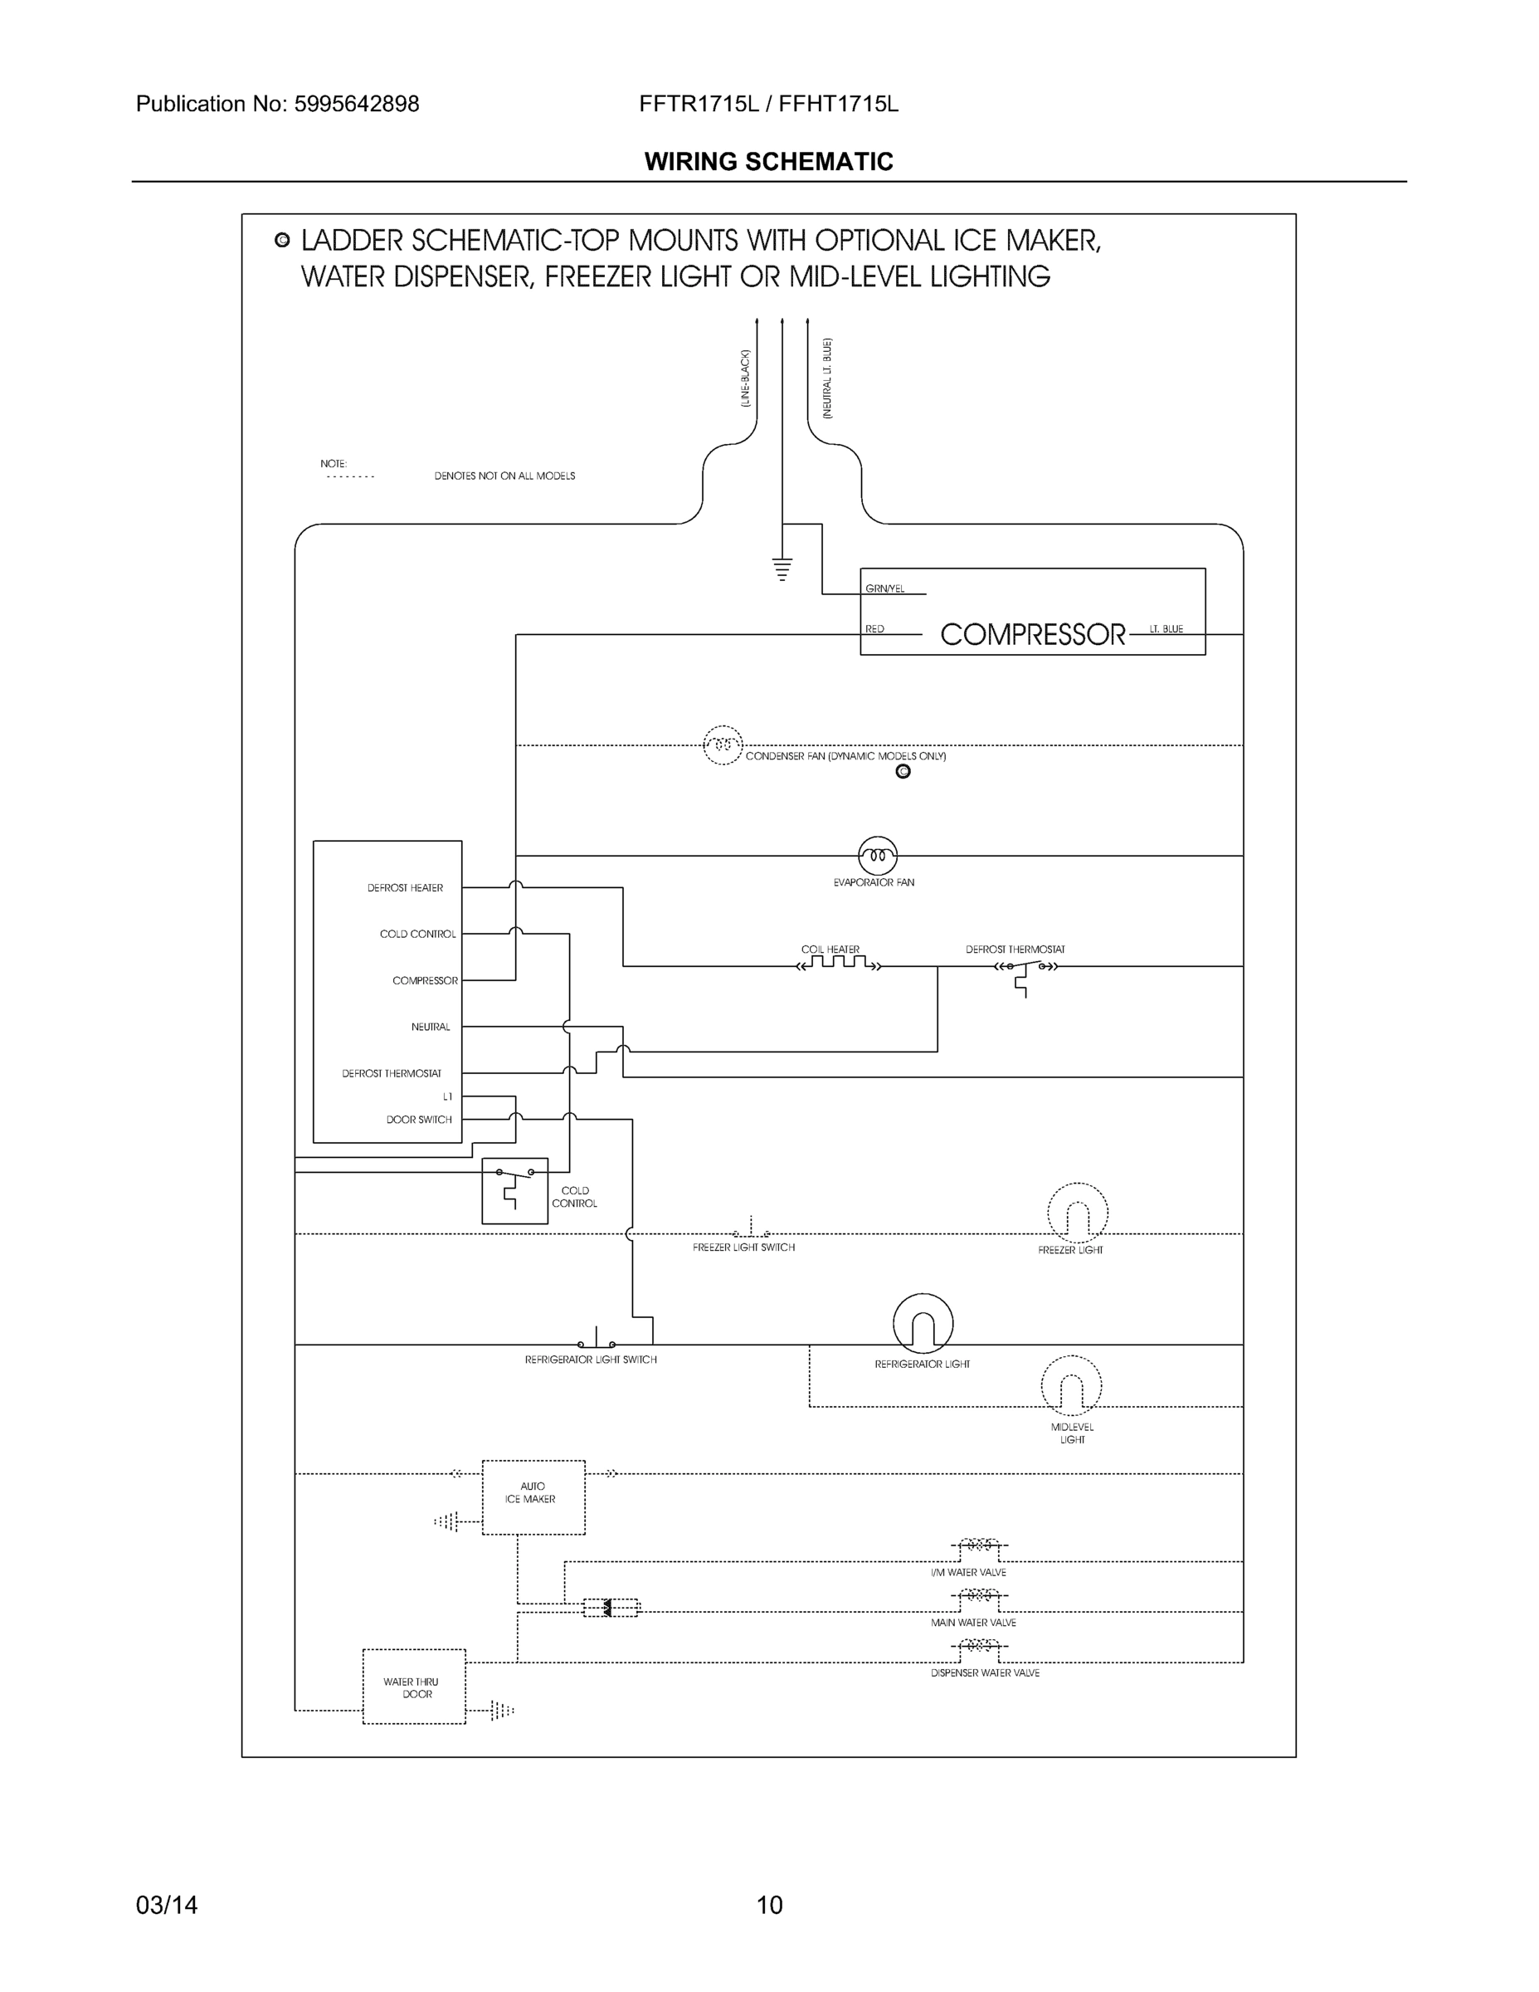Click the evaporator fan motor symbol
pyautogui.click(x=877, y=856)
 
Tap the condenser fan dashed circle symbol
pyautogui.click(x=723, y=745)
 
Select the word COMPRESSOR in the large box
pyautogui.click(x=1032, y=635)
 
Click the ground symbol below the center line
pyautogui.click(x=782, y=570)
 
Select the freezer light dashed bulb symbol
pyautogui.click(x=1077, y=1213)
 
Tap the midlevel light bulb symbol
pyautogui.click(x=1071, y=1385)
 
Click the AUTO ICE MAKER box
pyautogui.click(x=533, y=1496)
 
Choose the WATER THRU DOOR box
pyautogui.click(x=414, y=1687)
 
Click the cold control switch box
pyautogui.click(x=514, y=1191)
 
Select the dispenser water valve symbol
pyautogui.click(x=978, y=1645)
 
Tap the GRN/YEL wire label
pyautogui.click(x=884, y=589)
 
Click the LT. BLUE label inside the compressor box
pyautogui.click(x=1166, y=629)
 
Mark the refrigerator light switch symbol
pyautogui.click(x=597, y=1341)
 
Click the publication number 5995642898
pyautogui.click(x=357, y=104)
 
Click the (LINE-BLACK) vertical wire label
pyautogui.click(x=745, y=378)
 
